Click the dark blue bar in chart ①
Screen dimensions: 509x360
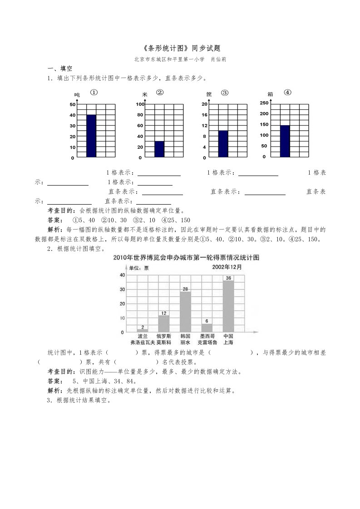91,136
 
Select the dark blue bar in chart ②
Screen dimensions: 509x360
159,149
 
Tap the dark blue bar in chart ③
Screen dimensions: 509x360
223,144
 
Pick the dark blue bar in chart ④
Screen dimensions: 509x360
285,141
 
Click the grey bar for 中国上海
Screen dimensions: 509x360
228,306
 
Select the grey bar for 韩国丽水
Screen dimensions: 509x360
185,312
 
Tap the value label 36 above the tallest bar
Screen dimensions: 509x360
228,278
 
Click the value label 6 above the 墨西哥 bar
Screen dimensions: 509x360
207,321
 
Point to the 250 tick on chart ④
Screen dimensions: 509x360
264,103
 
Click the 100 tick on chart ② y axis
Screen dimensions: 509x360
140,104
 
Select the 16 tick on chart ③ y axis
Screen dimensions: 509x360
205,115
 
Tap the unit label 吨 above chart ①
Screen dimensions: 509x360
77,95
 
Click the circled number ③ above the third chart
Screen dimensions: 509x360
224,93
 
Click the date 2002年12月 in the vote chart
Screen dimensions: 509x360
227,267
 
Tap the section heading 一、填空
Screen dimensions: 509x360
60,69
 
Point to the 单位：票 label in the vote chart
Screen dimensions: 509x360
139,268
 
